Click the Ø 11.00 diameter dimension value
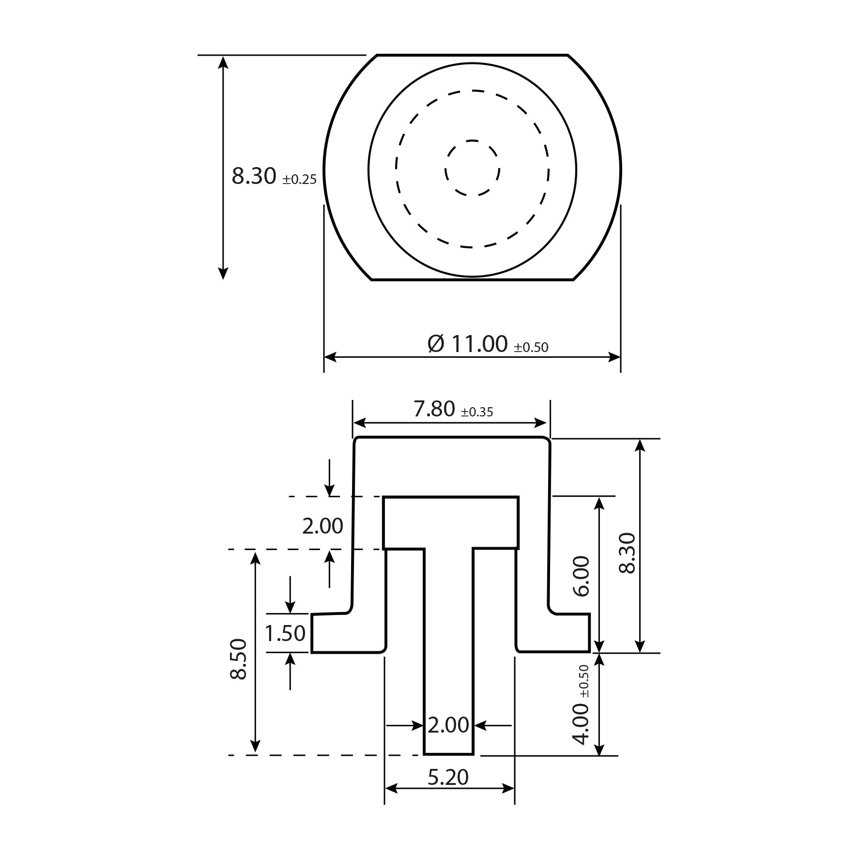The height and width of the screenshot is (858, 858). coord(468,344)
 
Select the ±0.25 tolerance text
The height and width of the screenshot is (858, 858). coord(300,180)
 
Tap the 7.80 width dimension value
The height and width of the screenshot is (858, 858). coord(434,410)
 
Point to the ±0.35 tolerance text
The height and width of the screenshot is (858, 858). coord(477,412)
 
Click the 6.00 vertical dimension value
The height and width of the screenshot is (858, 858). coord(581,576)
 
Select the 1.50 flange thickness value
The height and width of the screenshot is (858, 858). coord(285,633)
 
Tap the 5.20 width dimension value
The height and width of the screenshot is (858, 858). coord(448,777)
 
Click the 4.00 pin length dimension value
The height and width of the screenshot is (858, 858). coord(581,724)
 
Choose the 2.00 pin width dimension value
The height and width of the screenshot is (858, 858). coord(448,725)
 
